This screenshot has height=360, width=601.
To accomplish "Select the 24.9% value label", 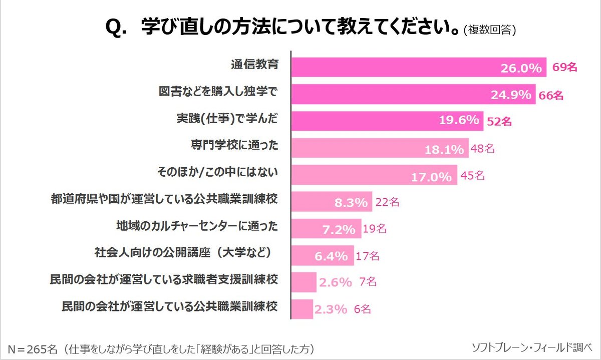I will [x=511, y=94].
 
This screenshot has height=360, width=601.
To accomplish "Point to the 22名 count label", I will [x=387, y=202].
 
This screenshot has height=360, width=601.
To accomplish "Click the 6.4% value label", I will [x=331, y=256].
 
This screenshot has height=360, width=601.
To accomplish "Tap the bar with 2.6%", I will [x=304, y=282].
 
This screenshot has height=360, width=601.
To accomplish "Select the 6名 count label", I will [x=362, y=309].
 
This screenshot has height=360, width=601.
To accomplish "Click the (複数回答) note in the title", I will [x=490, y=30].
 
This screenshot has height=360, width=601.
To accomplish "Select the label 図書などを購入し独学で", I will [x=217, y=92].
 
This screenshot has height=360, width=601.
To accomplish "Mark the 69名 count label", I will [x=565, y=67].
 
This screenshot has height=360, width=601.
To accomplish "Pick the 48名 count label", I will [x=483, y=148].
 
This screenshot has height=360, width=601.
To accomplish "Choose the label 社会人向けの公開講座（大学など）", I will [x=186, y=253].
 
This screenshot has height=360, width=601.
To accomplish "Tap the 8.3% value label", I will [x=351, y=202].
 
